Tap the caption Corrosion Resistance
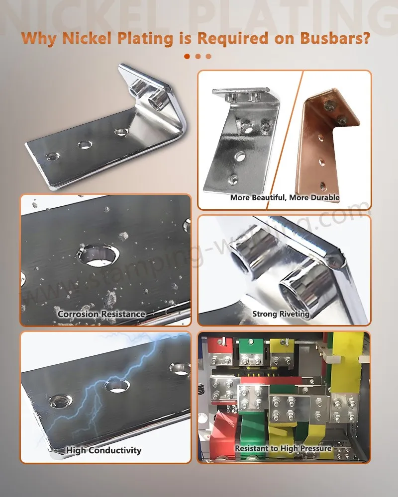[x=101, y=314]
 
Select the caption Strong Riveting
[x=281, y=314]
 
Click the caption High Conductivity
[x=104, y=450]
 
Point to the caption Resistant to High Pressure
[x=283, y=448]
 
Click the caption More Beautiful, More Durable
[x=285, y=198]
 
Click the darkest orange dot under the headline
[x=187, y=56]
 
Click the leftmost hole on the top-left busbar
[x=51, y=156]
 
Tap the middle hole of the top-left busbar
[x=85, y=145]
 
